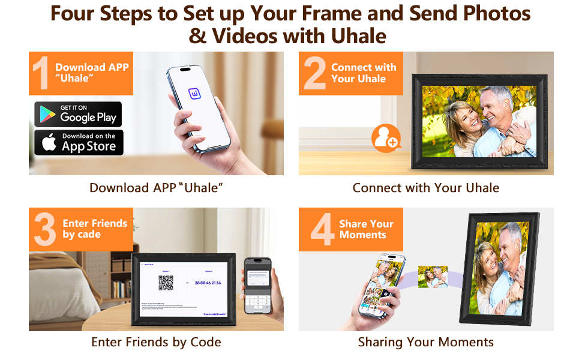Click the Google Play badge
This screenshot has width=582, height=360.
(78, 114)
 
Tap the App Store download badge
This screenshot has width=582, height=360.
(78, 143)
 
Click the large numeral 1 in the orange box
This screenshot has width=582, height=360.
(41, 74)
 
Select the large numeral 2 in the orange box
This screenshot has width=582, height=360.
(314, 74)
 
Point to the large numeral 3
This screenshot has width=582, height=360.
(45, 230)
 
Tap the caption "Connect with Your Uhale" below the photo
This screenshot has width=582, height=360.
(425, 188)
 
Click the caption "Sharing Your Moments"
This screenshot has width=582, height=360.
(425, 342)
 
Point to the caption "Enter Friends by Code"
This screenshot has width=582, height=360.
(156, 342)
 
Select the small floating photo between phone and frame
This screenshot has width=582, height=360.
(433, 277)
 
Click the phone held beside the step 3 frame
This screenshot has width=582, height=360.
(257, 286)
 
